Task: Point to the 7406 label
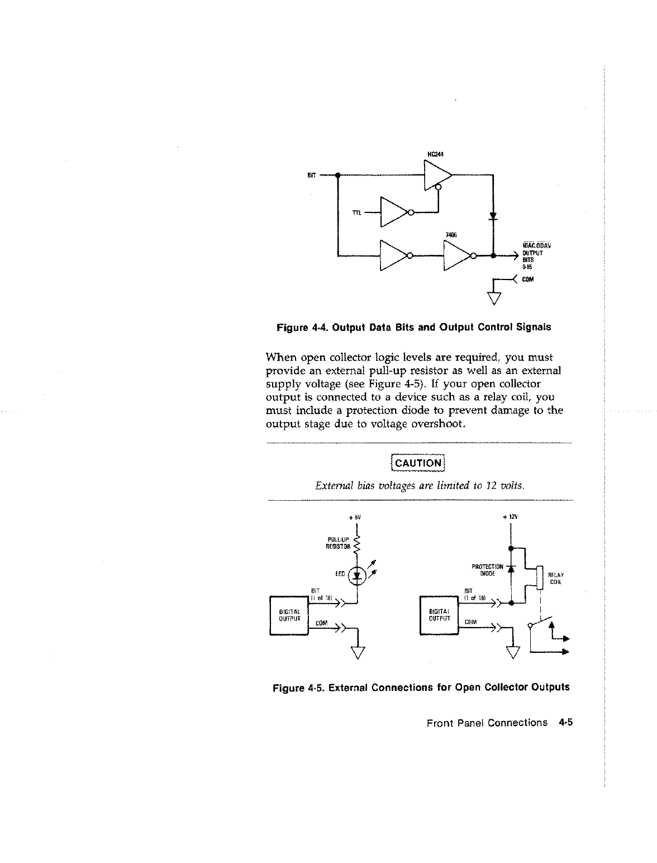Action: point(450,235)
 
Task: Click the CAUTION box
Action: point(418,463)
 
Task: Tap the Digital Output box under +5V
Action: point(289,615)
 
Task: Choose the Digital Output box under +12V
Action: point(439,615)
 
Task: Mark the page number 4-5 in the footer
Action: point(566,723)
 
